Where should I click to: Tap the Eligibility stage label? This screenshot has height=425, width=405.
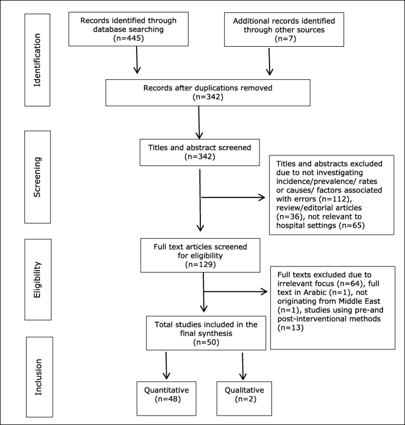[38, 282]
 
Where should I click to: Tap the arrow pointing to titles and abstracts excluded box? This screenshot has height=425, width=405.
[234, 197]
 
